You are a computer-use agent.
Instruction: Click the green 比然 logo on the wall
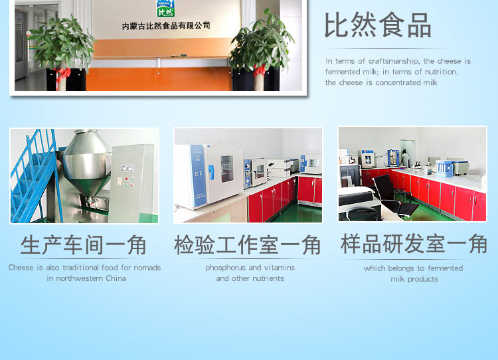tap(165, 8)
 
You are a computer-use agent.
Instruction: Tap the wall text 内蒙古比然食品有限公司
tap(166, 26)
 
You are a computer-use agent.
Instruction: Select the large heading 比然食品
tap(378, 25)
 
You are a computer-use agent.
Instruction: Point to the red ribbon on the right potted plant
tap(260, 70)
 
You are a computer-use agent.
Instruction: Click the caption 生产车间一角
tap(84, 245)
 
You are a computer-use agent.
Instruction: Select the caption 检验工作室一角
tap(248, 245)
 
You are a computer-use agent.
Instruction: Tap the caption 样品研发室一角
tap(414, 244)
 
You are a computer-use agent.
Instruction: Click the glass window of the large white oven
tap(227, 169)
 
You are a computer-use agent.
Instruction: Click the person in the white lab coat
tap(405, 158)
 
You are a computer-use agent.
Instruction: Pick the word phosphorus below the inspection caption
tap(225, 268)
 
